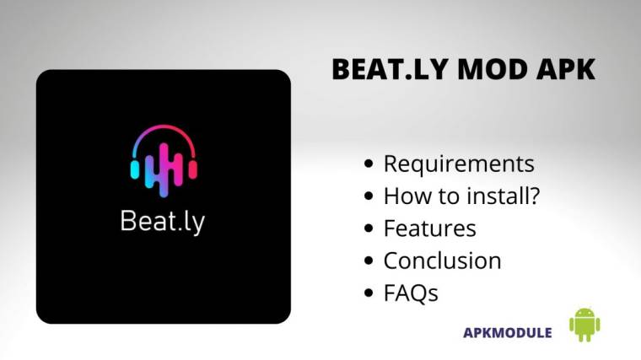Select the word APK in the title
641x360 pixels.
pyautogui.click(x=564, y=70)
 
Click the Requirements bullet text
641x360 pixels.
pyautogui.click(x=459, y=164)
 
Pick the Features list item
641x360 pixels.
pyautogui.click(x=429, y=228)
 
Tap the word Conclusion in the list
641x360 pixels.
pyautogui.click(x=442, y=261)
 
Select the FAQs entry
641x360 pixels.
pyautogui.click(x=411, y=293)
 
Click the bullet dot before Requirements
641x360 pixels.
pyautogui.click(x=369, y=164)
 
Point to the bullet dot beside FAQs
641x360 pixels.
pyautogui.click(x=369, y=294)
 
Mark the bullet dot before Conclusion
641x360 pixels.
pyautogui.click(x=369, y=261)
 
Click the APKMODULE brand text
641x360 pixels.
pyautogui.click(x=508, y=332)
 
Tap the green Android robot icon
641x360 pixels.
pyautogui.click(x=584, y=325)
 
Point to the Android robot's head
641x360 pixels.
pyautogui.click(x=584, y=314)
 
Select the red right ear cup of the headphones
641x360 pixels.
pyautogui.click(x=193, y=168)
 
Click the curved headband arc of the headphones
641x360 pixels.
pyautogui.click(x=164, y=131)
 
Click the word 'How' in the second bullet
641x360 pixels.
pyautogui.click(x=402, y=196)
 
